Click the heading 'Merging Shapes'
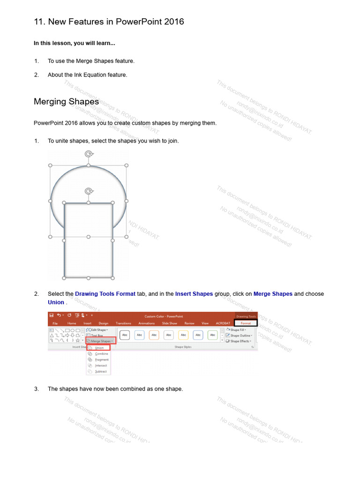point(66,102)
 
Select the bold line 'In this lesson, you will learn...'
point(74,43)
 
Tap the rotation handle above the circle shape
point(88,154)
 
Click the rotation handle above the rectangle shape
point(88,191)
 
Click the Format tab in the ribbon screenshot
point(246,323)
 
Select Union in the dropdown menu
point(99,348)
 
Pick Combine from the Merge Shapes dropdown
point(101,354)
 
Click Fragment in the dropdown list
point(101,360)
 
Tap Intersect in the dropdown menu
point(101,366)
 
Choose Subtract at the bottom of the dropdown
point(101,371)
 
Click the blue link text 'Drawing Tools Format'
point(105,294)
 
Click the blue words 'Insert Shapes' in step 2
point(194,294)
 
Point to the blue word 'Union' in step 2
point(56,302)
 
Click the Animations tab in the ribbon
point(146,323)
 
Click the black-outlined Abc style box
point(125,335)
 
